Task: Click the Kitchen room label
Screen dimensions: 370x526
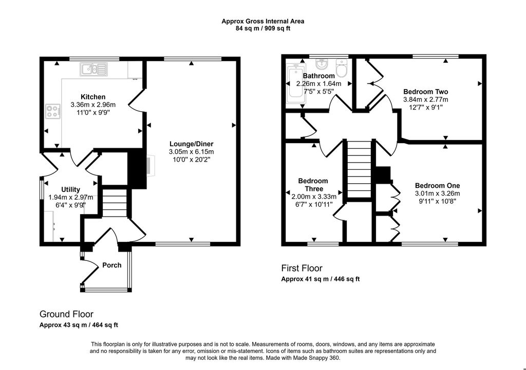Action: coord(93,97)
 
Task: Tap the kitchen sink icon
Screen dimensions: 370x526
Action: coord(93,69)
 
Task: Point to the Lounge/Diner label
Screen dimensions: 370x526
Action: coord(191,144)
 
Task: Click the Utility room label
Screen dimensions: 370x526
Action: coord(70,189)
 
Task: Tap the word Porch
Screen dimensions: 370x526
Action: coord(112,265)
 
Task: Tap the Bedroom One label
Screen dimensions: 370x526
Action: coord(438,185)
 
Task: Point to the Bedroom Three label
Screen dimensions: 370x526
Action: coord(313,185)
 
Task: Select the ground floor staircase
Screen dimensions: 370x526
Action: coord(116,203)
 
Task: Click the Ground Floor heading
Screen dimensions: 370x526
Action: coord(66,314)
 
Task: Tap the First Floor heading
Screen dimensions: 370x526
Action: coord(302,268)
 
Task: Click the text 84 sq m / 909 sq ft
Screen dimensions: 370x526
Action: coord(262,29)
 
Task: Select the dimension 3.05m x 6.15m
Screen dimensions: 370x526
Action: coord(191,152)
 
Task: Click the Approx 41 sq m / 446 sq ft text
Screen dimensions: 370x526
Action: coord(320,279)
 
